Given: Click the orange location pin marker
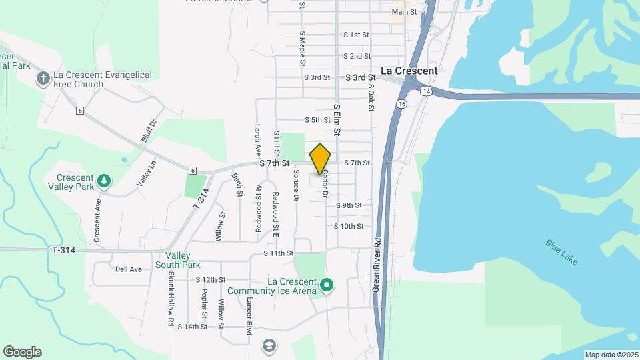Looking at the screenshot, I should [x=321, y=159].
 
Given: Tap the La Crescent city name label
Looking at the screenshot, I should [x=409, y=70].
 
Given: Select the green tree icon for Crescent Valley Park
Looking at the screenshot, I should [x=103, y=180].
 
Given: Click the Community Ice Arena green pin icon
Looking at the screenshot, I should [x=327, y=285].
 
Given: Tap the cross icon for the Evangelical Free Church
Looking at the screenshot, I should [x=43, y=79].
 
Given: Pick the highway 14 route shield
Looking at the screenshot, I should [x=425, y=90].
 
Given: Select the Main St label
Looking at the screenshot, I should [x=404, y=12].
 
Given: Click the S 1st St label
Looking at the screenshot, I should [x=356, y=34].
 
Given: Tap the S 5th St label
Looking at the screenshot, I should [x=317, y=120].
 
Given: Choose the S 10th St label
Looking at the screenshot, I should [x=349, y=226].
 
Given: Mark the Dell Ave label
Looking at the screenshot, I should [x=129, y=269].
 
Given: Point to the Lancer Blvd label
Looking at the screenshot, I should [x=249, y=311].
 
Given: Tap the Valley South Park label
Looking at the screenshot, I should [x=178, y=260].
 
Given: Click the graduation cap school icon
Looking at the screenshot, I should [x=269, y=346].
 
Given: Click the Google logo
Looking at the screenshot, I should [x=22, y=352].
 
